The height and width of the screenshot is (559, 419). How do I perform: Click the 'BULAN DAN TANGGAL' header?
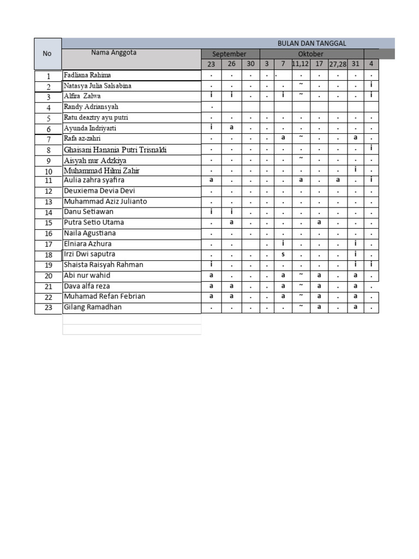click(312, 43)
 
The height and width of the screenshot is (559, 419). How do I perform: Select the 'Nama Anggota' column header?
click(113, 53)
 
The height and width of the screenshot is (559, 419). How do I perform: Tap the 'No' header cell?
click(47, 53)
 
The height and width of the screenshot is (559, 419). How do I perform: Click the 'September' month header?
click(229, 54)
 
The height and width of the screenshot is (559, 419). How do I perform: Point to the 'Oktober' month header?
click(310, 54)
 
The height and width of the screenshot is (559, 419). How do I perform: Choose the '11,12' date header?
click(301, 64)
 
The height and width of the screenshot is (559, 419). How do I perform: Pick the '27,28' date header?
click(337, 64)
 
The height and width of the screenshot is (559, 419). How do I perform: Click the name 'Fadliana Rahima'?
click(87, 75)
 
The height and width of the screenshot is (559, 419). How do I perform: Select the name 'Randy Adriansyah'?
click(91, 106)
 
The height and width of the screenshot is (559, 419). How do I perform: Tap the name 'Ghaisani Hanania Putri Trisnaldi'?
click(115, 150)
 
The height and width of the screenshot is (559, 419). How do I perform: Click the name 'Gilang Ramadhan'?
click(93, 307)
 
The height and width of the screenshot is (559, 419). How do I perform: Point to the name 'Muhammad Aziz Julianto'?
click(105, 201)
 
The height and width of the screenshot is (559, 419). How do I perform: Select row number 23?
click(48, 308)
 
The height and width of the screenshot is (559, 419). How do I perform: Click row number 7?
click(48, 139)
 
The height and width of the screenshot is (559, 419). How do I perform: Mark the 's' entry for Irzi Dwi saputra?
click(283, 254)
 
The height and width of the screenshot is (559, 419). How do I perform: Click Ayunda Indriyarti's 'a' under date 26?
click(231, 127)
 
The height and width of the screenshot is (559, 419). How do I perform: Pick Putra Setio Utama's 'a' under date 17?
click(319, 222)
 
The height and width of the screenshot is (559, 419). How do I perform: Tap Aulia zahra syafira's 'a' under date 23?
click(211, 180)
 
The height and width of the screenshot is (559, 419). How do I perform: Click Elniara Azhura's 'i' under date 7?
click(283, 243)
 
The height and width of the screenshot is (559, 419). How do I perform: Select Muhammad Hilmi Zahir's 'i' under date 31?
click(355, 170)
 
